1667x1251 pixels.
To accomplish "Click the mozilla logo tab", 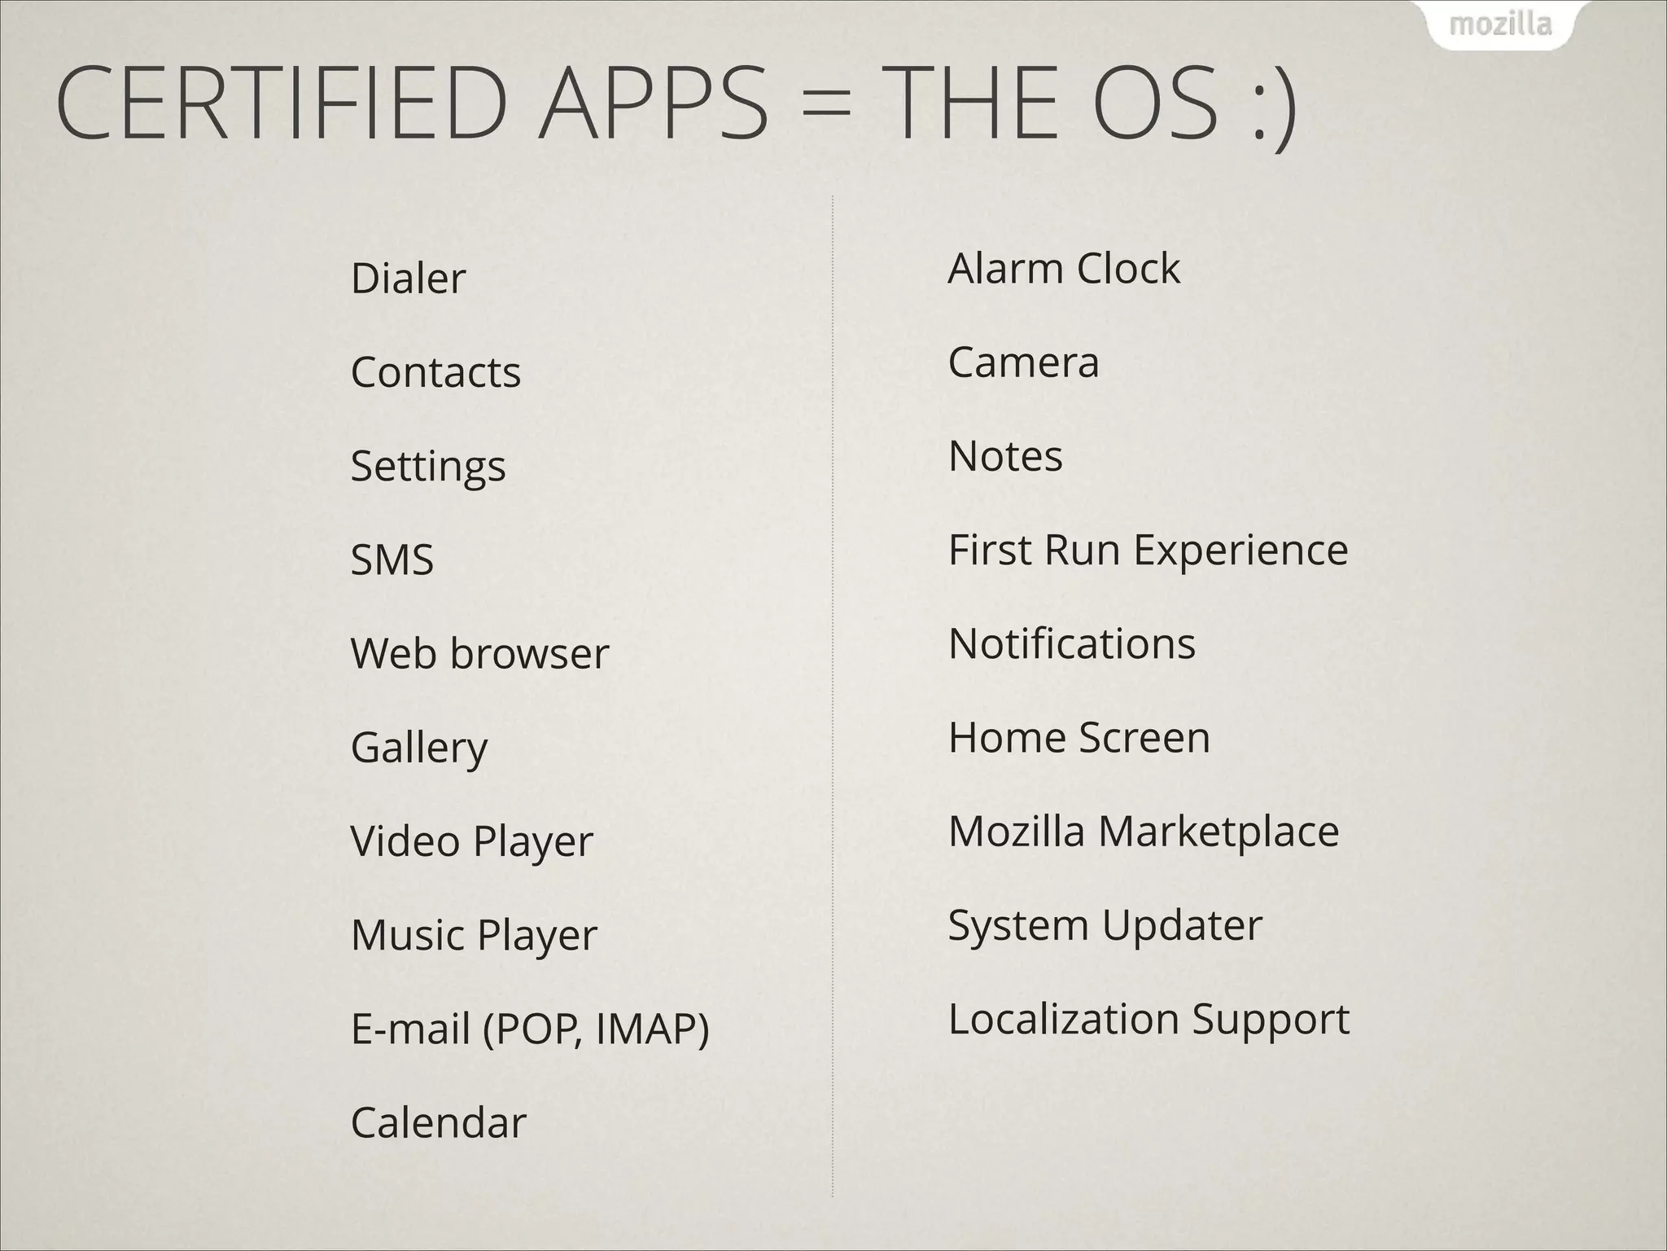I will click(x=1500, y=24).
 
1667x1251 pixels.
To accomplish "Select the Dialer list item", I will click(x=408, y=279).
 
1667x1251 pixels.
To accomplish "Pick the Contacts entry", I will click(x=435, y=372).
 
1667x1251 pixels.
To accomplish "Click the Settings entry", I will click(x=428, y=467).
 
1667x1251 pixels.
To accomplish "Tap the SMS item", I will click(x=392, y=560).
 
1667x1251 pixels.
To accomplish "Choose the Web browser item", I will click(x=479, y=653).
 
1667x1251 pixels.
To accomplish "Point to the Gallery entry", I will click(x=419, y=748).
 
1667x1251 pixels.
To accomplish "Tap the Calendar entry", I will click(x=438, y=1122).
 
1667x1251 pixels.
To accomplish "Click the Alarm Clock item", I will click(x=1063, y=268).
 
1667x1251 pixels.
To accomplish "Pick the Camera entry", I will click(x=1023, y=362).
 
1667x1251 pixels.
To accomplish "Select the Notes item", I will click(x=1005, y=456).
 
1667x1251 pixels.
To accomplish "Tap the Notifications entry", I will click(x=1071, y=643).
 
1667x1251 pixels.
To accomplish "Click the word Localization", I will click(x=1064, y=1019).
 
